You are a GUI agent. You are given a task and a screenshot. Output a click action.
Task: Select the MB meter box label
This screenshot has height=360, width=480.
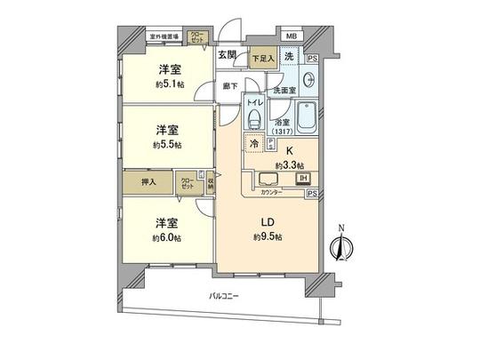point(291,37)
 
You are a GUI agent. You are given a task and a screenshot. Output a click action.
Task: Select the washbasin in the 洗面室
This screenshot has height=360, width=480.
point(307,77)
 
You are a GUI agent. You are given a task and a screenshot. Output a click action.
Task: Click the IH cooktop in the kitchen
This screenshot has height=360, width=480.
point(302,179)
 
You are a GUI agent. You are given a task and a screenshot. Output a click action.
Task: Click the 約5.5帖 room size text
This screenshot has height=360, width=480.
point(167,143)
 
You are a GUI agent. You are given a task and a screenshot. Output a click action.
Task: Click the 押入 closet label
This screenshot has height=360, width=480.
point(149,182)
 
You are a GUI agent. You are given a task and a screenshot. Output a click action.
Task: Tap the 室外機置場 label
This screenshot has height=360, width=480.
point(164,37)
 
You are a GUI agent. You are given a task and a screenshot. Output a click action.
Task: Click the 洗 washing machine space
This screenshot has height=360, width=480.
point(290,57)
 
